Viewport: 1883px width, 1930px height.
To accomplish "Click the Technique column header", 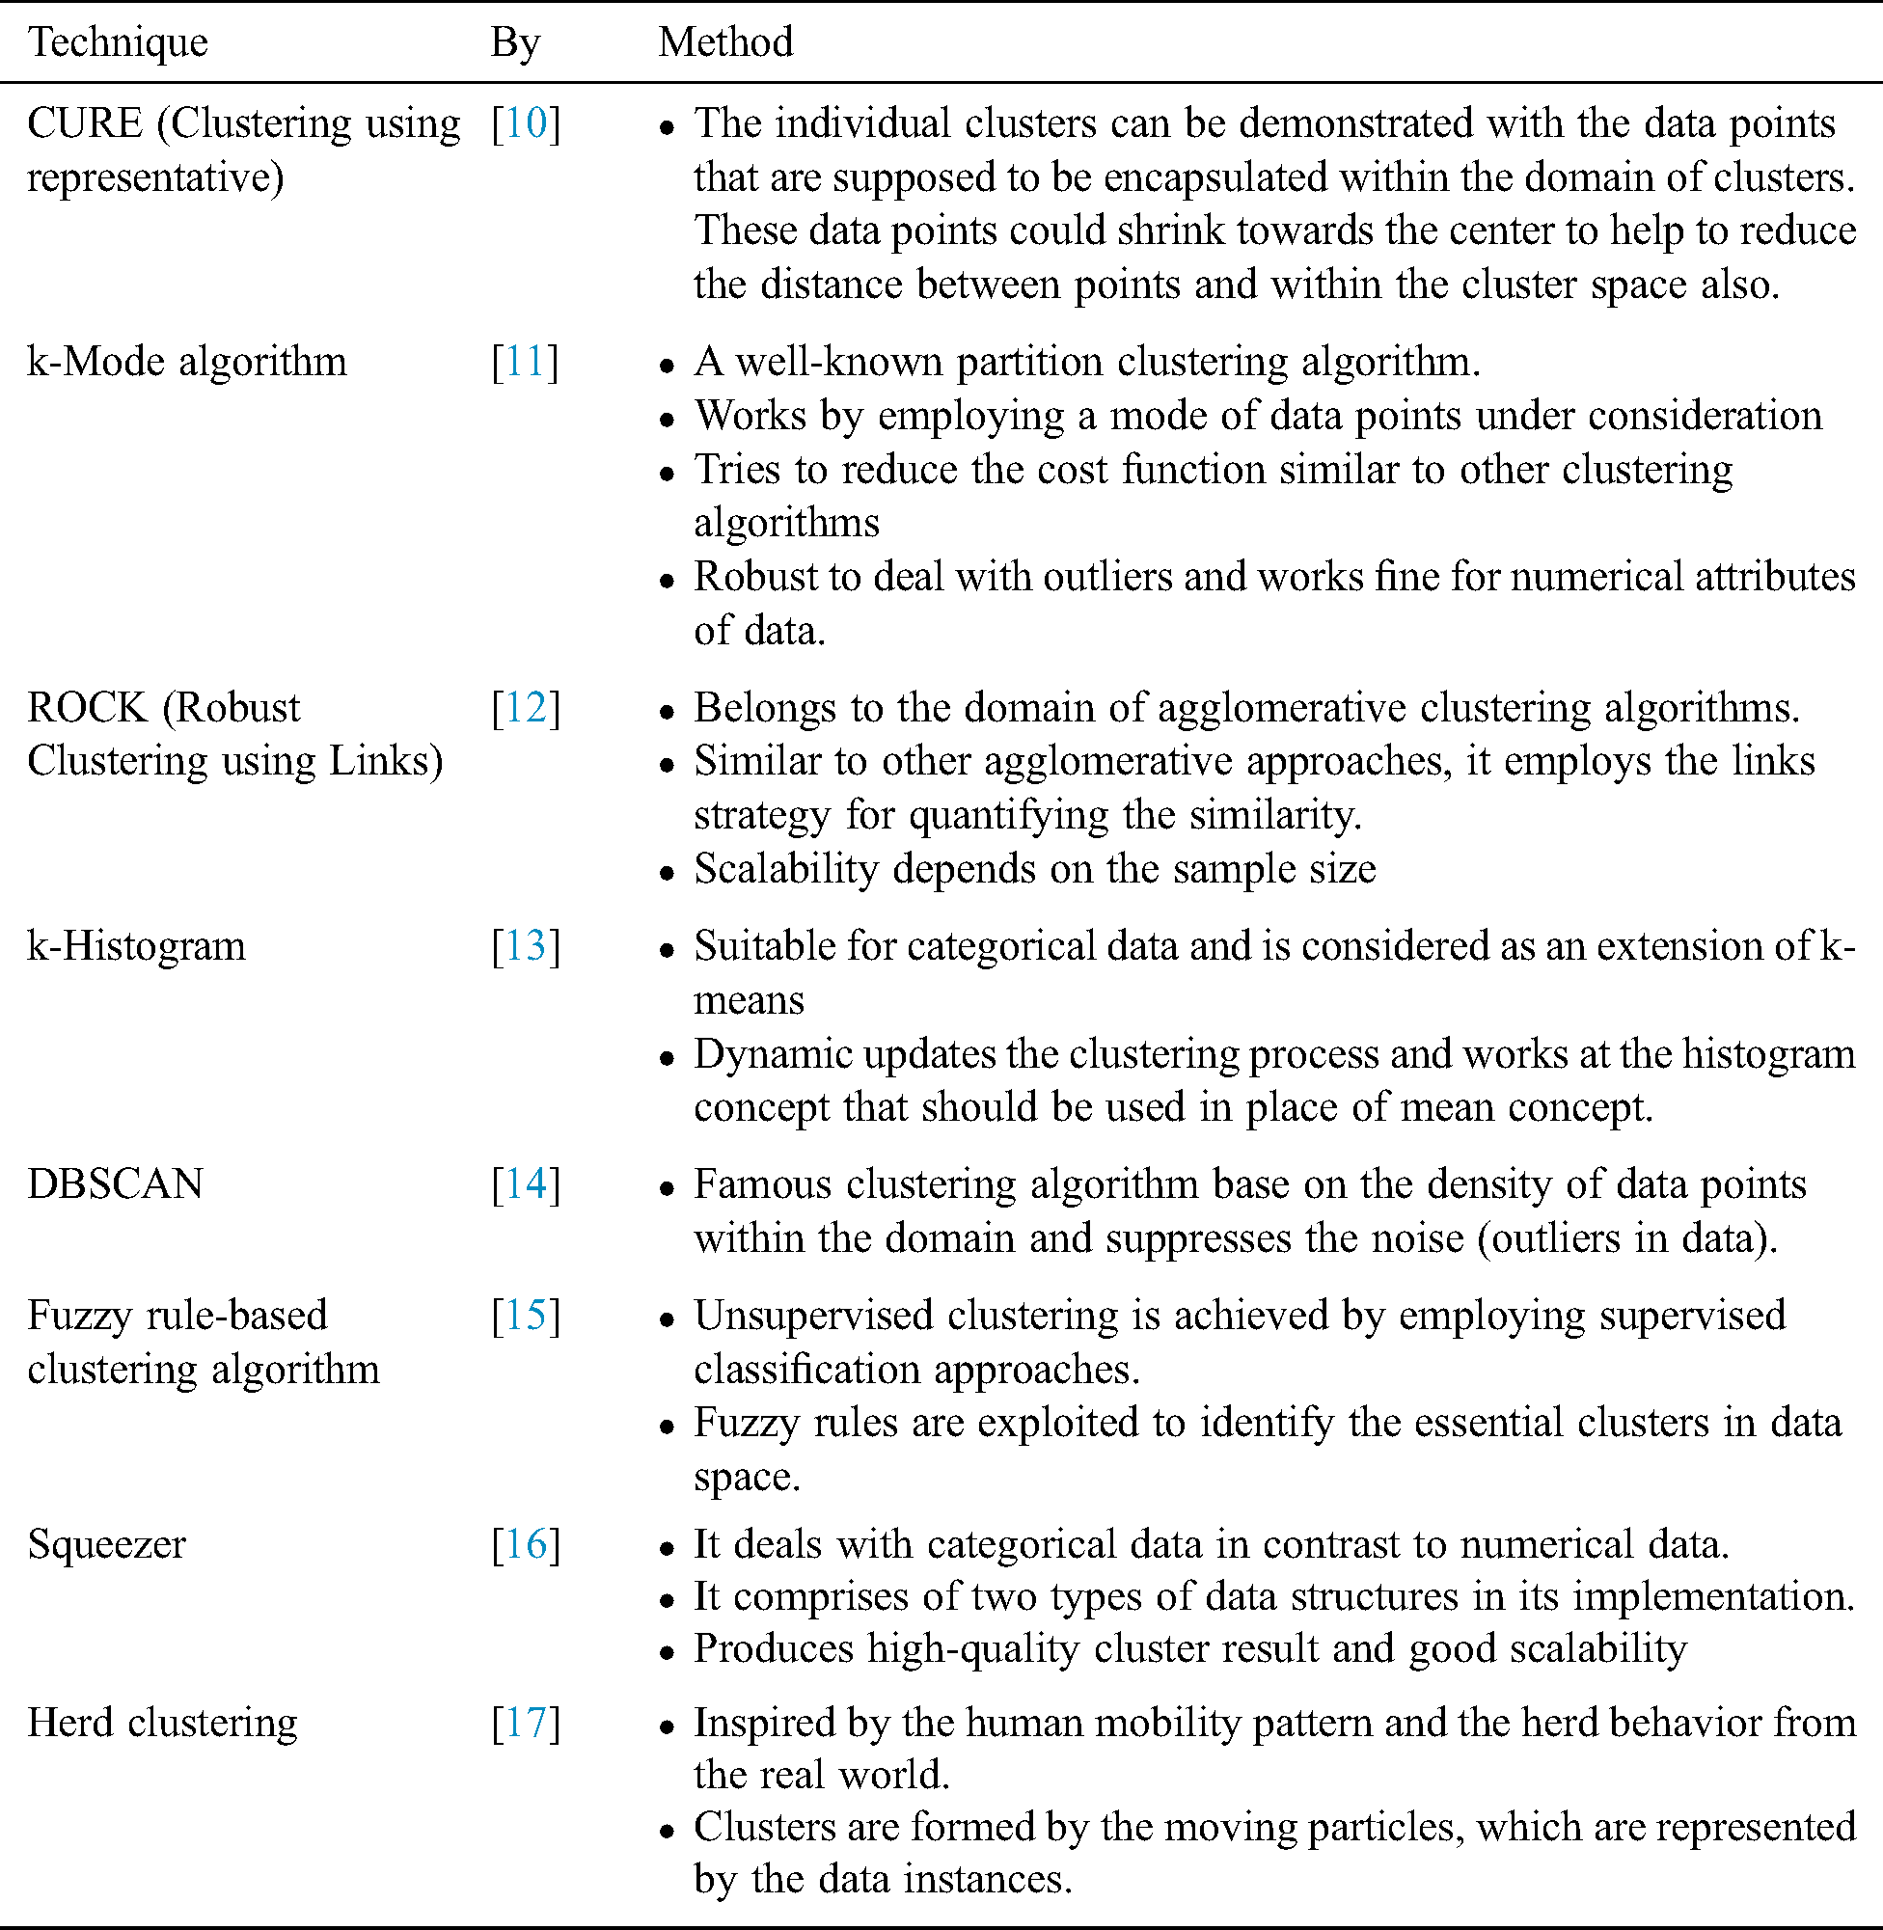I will point(118,42).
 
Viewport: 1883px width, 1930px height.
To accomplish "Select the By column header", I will point(515,42).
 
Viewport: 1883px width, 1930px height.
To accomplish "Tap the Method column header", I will point(726,42).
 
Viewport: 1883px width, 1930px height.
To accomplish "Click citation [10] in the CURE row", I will point(526,123).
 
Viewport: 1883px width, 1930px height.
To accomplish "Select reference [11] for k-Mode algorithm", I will point(525,362).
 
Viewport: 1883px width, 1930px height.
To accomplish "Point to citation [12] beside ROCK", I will point(526,708).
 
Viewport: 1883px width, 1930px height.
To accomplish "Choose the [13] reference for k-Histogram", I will point(526,946).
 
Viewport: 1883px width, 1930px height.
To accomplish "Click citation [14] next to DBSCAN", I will point(526,1184).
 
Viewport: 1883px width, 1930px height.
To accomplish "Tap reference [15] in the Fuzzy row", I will point(526,1316).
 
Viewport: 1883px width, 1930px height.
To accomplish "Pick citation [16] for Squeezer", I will point(526,1544).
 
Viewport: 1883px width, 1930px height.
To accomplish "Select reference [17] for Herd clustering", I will point(526,1723).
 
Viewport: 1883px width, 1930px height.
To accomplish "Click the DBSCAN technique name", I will point(115,1184).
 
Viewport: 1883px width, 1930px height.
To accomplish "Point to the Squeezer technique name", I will point(107,1544).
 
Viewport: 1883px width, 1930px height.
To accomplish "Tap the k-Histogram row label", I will point(136,946).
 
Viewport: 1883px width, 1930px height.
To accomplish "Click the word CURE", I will point(85,123).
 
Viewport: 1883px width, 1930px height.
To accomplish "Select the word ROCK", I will point(87,708).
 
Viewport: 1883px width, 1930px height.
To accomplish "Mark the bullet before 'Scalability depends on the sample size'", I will point(668,872).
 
